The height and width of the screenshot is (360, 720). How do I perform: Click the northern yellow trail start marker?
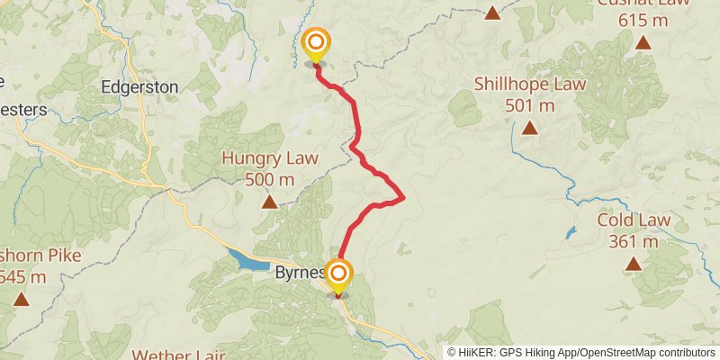(x=316, y=44)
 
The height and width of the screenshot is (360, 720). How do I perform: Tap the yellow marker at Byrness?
(x=338, y=274)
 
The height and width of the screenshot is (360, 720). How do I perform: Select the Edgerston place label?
(x=139, y=87)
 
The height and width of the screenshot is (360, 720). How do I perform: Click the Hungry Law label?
(x=270, y=158)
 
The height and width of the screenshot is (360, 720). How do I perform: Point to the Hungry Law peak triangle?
(x=269, y=202)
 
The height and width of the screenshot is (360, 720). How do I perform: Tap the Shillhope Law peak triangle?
(x=530, y=128)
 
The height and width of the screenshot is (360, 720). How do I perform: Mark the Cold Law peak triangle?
(x=634, y=264)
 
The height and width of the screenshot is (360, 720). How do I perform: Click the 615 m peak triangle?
(x=643, y=42)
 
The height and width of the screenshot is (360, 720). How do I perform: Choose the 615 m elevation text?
(x=643, y=20)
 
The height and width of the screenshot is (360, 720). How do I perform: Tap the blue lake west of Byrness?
(x=247, y=260)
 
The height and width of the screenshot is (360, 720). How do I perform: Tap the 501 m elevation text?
(x=530, y=105)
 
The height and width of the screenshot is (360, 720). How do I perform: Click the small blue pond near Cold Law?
(x=571, y=231)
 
